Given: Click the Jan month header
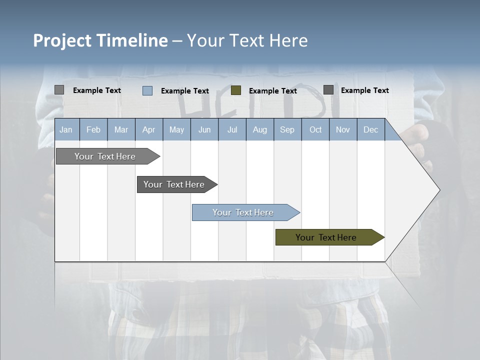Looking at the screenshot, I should (x=66, y=130).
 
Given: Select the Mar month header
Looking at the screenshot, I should (x=121, y=130).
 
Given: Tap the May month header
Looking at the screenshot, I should (x=176, y=130).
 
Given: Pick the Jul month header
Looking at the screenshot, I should (x=232, y=130).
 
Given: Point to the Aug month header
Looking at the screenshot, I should (x=259, y=130).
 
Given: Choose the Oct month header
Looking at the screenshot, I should (x=315, y=130).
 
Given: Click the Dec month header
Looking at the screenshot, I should (x=370, y=130).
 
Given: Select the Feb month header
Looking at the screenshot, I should (x=93, y=130).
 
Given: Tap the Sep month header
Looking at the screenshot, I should (x=287, y=130).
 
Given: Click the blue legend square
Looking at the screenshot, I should (x=147, y=90).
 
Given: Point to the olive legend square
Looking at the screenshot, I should (x=236, y=90).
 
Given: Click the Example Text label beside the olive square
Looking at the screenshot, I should (x=272, y=91).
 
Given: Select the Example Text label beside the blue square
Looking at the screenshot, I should (x=184, y=91).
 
